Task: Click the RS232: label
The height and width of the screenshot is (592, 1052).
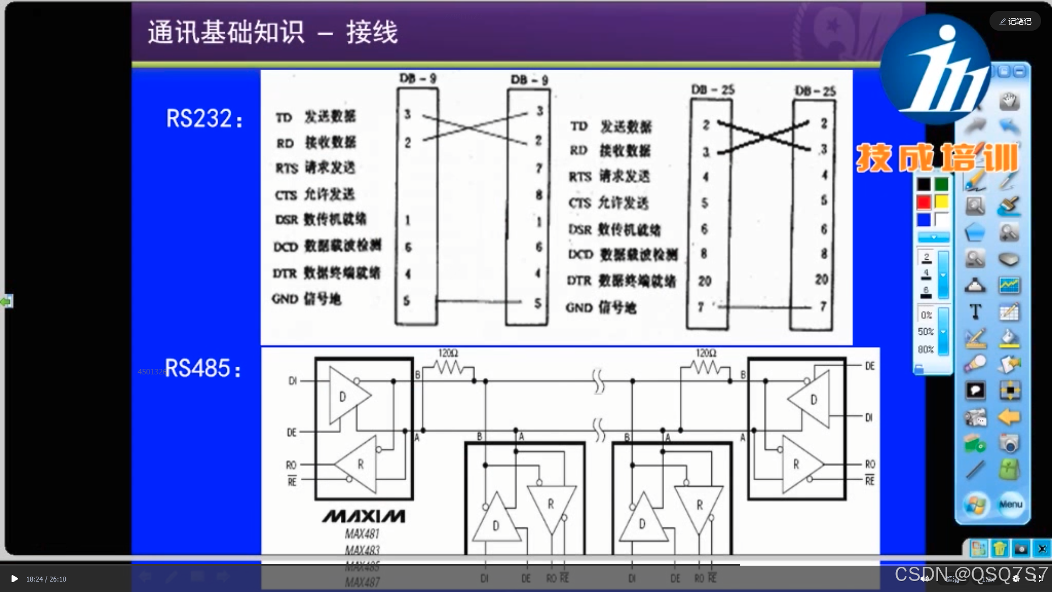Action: coord(204,118)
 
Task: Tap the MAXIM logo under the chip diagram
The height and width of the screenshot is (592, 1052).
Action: coord(364,516)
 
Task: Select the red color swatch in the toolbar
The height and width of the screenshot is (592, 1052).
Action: coord(924,202)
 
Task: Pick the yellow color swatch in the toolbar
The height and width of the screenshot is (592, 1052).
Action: coord(941,202)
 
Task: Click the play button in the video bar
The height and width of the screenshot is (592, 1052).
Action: coord(14,579)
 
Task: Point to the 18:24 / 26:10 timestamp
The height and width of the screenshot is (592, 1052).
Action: coord(46,579)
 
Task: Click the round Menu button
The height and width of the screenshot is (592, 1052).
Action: coord(1010,504)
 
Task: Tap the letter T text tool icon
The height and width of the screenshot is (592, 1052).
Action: coord(975,312)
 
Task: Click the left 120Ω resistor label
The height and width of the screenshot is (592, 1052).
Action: coord(448,353)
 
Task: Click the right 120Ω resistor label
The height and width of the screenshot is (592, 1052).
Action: coord(706,353)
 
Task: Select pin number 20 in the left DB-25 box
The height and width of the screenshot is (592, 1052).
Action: coord(705,281)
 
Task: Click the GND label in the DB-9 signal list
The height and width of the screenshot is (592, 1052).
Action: coord(285,299)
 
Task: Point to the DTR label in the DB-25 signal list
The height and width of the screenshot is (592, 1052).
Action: coord(579,281)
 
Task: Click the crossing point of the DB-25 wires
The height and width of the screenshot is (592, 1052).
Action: coord(764,136)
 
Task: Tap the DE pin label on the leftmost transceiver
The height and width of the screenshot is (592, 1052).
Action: coord(291,432)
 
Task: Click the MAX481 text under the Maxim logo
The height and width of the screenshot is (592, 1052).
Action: coord(362,533)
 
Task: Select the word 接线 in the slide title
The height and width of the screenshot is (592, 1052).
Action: coord(372,32)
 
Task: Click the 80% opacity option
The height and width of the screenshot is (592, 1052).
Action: coord(926,349)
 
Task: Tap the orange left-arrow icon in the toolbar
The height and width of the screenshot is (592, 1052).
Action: coord(1009,417)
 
